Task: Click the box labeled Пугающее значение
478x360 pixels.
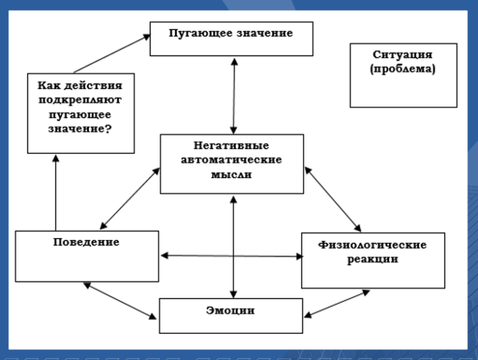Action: point(232,39)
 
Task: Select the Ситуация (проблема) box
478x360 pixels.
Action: point(403,75)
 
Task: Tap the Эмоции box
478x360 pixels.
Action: point(231,316)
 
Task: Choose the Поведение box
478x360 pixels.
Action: point(87,256)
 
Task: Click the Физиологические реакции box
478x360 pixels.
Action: point(373,260)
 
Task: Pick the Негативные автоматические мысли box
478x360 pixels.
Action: point(232,164)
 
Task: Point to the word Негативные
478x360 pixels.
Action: point(232,146)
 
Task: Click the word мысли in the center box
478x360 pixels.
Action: point(232,174)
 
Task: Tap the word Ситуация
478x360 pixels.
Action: point(403,55)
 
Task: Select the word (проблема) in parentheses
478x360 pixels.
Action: point(403,69)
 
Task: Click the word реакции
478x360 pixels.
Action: point(373,259)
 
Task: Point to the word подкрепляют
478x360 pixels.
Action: point(80,100)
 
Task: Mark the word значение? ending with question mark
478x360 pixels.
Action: point(80,129)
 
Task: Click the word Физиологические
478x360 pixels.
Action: point(373,245)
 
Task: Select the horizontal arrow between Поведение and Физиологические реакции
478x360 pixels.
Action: point(232,256)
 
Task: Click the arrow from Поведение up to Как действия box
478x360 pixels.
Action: point(56,193)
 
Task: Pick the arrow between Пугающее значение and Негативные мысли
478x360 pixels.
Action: point(234,96)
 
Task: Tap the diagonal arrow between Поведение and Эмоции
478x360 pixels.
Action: point(119,301)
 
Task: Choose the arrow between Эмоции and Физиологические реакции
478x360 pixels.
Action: point(337,304)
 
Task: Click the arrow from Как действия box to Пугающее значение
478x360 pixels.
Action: point(112,54)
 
